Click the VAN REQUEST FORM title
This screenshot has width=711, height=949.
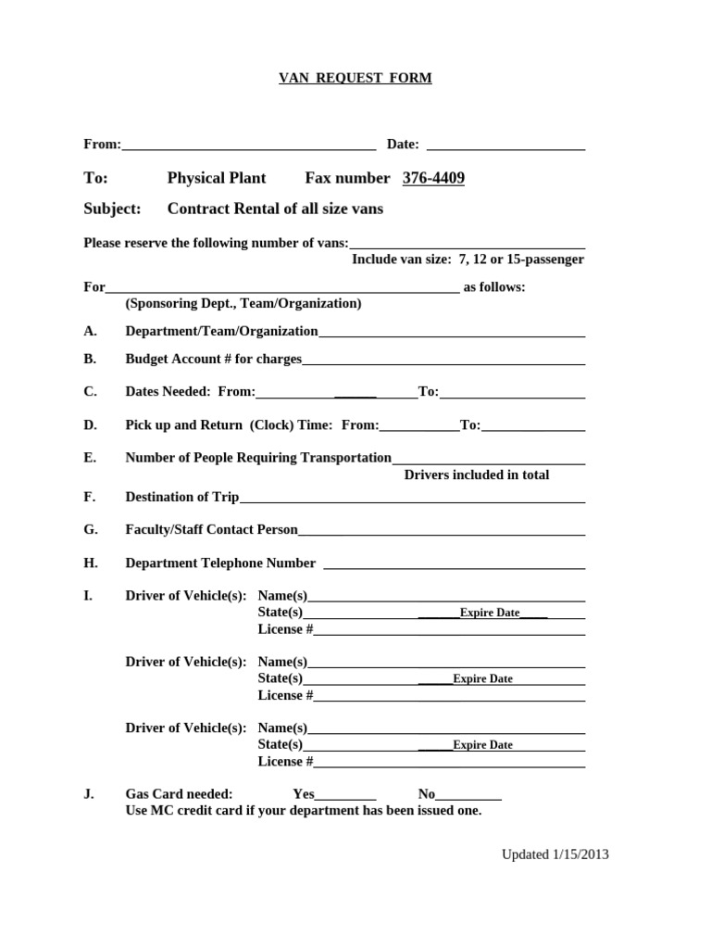(x=355, y=79)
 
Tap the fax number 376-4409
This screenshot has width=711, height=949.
(x=433, y=178)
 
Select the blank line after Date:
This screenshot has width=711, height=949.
(x=505, y=146)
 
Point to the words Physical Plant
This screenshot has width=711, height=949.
(x=216, y=178)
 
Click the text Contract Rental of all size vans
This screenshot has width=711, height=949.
(x=275, y=209)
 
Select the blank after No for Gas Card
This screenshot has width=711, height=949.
(x=468, y=797)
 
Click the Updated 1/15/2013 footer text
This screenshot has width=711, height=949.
(x=555, y=854)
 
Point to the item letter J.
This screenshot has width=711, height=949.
(x=89, y=794)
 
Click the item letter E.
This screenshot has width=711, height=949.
(x=90, y=458)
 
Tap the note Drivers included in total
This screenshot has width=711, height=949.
(x=477, y=474)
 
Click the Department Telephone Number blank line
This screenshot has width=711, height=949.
(x=454, y=565)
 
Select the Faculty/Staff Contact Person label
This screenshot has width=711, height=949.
(x=212, y=530)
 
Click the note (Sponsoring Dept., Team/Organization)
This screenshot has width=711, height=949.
(x=243, y=303)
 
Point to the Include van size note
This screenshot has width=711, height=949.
(x=468, y=259)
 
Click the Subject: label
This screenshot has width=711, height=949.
(x=112, y=209)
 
